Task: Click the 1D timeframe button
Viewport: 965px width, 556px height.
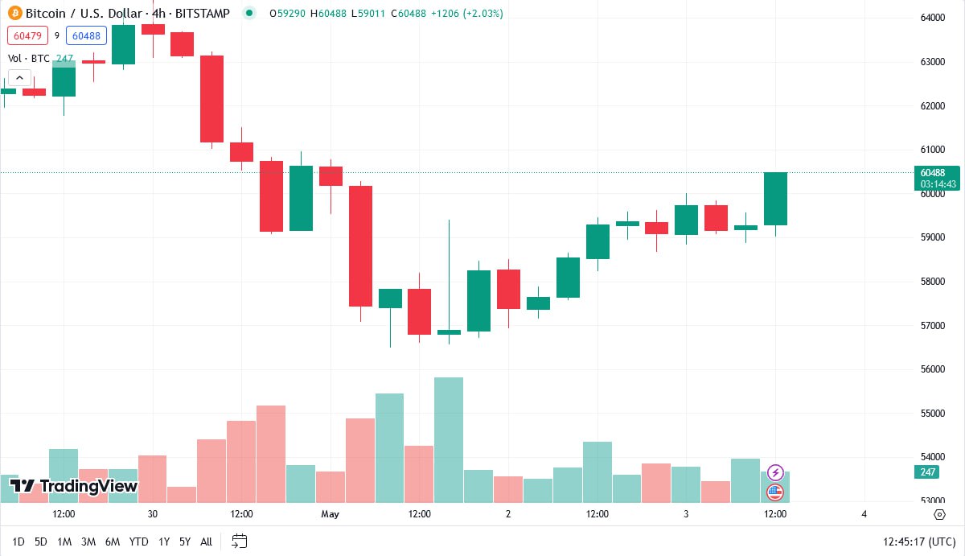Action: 18,542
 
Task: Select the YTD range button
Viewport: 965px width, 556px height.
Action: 138,542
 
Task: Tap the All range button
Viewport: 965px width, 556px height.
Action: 206,542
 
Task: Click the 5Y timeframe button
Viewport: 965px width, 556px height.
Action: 185,542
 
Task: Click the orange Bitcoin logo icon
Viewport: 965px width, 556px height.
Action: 14,13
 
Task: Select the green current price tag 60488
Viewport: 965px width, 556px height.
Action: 937,172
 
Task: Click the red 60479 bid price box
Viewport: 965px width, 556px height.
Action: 27,35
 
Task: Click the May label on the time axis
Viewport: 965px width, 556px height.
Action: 331,513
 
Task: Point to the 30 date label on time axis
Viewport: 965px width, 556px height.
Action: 153,513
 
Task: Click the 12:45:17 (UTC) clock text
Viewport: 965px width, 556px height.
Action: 919,542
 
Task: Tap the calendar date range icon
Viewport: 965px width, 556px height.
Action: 239,541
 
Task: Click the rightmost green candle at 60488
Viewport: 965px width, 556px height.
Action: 775,199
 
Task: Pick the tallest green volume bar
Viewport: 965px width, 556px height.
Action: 449,439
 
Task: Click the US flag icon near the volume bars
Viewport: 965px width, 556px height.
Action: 775,492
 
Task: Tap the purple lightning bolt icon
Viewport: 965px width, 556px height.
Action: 775,472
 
